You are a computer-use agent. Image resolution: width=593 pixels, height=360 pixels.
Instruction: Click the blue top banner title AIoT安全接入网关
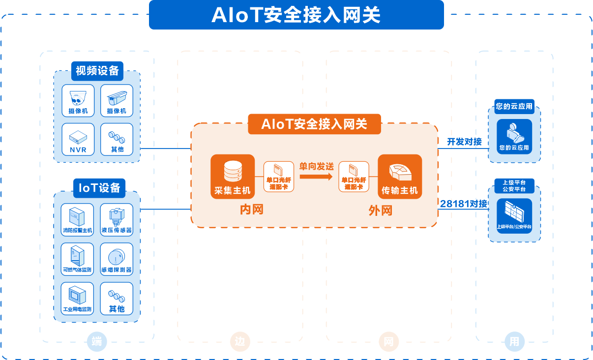[x=296, y=15]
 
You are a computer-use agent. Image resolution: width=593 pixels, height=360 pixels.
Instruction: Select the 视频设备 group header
[x=97, y=71]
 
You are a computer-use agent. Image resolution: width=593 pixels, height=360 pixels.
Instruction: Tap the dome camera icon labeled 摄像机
[x=78, y=100]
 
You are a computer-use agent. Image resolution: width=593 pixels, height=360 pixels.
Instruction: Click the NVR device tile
[x=78, y=139]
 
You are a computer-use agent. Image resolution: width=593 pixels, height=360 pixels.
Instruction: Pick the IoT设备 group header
[x=99, y=187]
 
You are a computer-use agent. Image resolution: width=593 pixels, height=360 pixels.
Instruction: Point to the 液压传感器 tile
[x=117, y=219]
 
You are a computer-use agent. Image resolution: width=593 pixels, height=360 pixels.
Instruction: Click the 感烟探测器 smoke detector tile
[x=117, y=259]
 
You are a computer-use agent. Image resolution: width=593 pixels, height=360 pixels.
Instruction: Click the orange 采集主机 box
[x=233, y=177]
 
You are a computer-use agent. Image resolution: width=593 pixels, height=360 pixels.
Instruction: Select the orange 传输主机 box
[x=400, y=177]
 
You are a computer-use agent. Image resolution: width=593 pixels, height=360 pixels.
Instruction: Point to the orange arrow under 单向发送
[x=316, y=177]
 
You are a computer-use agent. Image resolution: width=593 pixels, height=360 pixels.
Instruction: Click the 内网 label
[x=252, y=210]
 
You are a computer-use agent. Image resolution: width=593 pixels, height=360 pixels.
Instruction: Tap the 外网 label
[x=381, y=210]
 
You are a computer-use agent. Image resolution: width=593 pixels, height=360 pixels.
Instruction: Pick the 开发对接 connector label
[x=464, y=142]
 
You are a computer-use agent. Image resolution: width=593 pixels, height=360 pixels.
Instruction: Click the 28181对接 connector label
[x=464, y=203]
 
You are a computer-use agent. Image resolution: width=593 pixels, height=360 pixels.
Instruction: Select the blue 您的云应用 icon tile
[x=514, y=136]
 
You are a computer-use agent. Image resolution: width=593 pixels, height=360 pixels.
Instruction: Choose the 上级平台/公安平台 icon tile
[x=514, y=216]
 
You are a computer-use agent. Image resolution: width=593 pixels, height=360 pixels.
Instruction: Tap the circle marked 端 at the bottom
[x=97, y=341]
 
